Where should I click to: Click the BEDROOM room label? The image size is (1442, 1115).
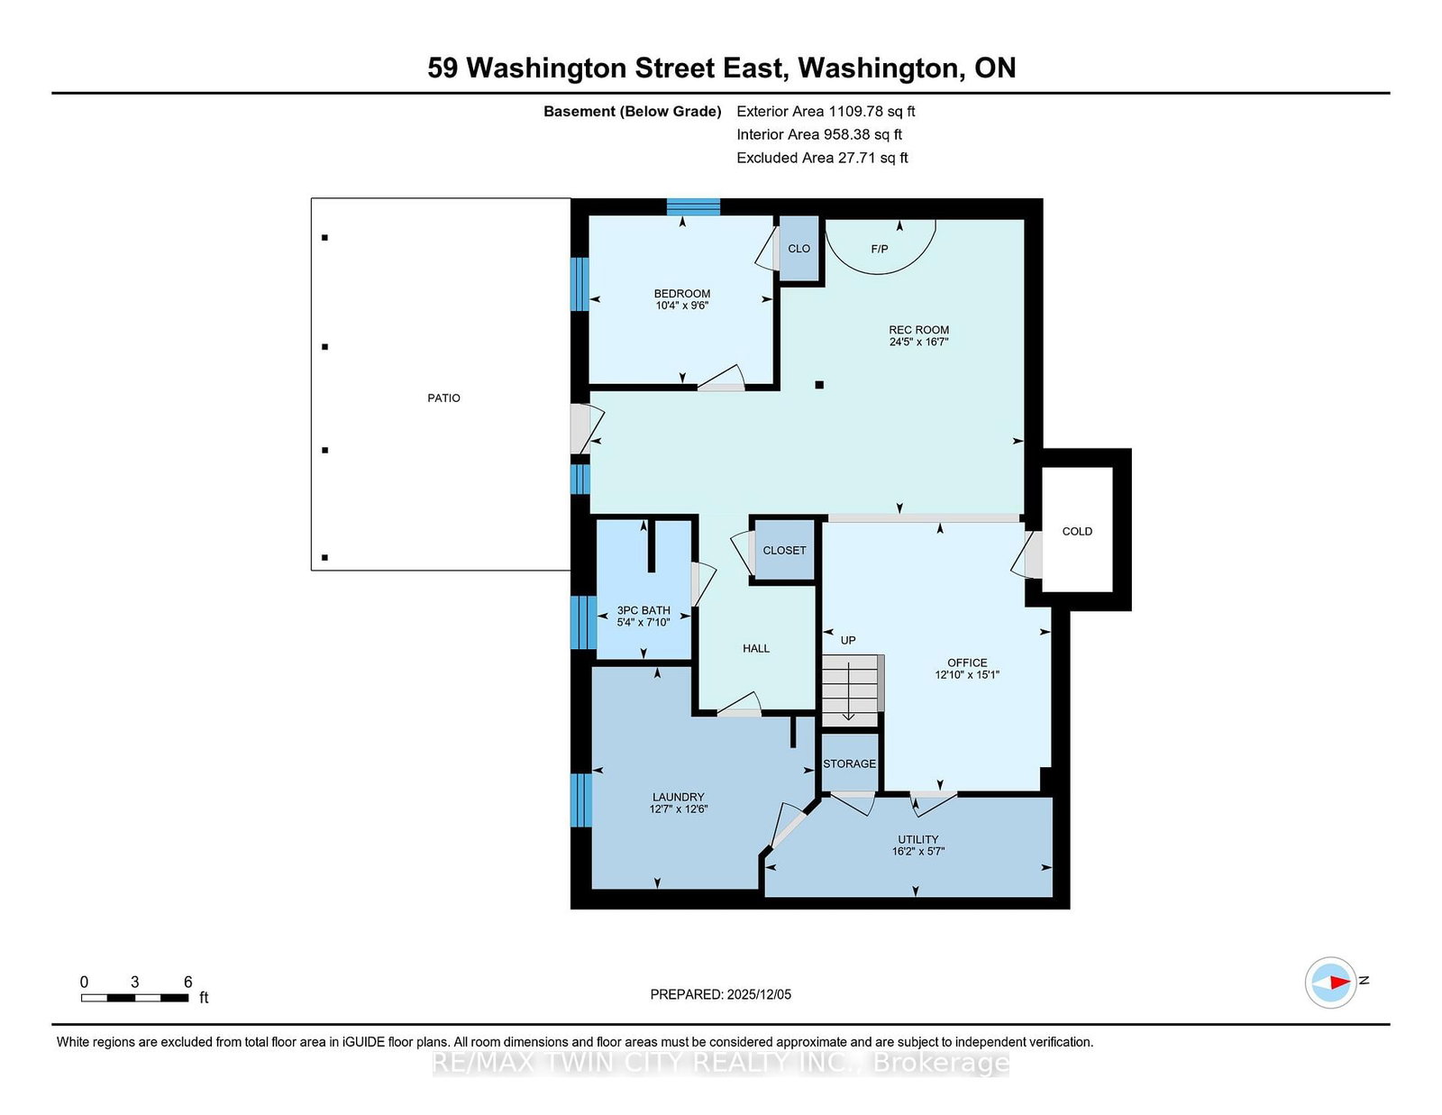click(681, 293)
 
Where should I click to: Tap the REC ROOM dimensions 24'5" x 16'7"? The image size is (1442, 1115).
click(918, 342)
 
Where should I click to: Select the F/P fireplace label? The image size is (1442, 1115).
click(880, 249)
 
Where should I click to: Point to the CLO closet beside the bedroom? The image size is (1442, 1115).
click(799, 248)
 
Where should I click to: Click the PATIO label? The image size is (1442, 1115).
click(443, 398)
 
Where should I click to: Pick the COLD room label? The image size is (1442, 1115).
click(1077, 531)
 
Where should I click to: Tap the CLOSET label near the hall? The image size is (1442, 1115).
click(784, 550)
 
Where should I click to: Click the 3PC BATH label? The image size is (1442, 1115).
click(643, 610)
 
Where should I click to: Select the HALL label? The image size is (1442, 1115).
click(756, 648)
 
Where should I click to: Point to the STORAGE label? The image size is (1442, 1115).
click(849, 763)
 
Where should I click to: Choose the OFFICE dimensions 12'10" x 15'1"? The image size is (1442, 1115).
click(967, 674)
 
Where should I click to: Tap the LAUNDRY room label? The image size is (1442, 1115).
click(679, 797)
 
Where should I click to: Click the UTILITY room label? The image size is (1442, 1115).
click(917, 839)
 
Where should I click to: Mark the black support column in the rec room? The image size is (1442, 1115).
click(819, 385)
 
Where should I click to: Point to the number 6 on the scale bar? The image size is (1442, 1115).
click(187, 982)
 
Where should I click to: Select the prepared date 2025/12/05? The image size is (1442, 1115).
click(759, 994)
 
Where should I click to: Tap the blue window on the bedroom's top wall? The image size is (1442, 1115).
click(693, 207)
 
